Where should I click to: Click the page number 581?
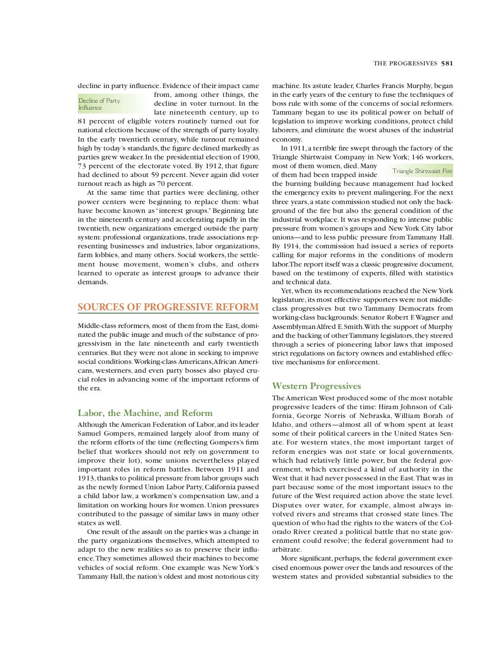(447, 63)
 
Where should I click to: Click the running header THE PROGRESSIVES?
(405, 63)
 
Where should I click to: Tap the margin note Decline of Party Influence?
(99, 104)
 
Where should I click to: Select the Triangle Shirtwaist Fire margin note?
(422, 171)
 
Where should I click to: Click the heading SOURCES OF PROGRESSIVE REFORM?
(168, 307)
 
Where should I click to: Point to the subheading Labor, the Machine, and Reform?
(145, 413)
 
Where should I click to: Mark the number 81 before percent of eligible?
(83, 121)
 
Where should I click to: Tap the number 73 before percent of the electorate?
(83, 166)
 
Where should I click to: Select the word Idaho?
(282, 425)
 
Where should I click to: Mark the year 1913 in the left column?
(87, 478)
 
